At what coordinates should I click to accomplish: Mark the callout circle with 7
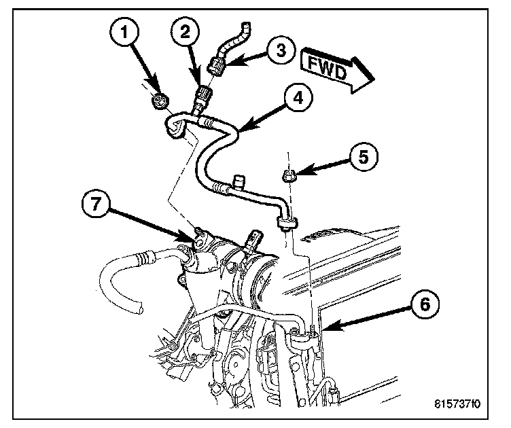[95, 202]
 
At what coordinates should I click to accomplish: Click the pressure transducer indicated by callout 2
[201, 97]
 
